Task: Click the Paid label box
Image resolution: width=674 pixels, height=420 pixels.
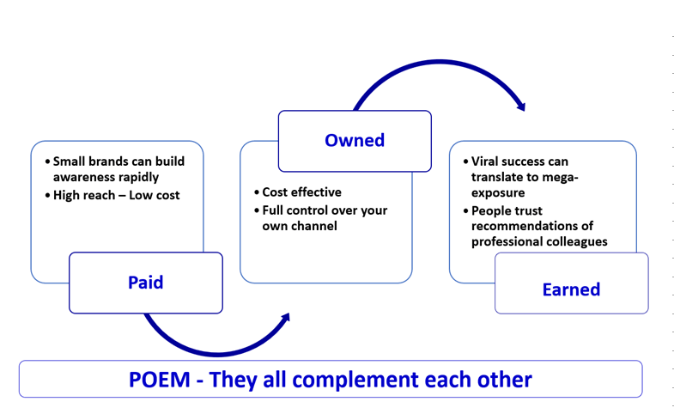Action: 146,283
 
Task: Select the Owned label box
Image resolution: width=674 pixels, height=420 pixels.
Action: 355,141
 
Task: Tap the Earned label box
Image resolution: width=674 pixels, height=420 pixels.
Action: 571,283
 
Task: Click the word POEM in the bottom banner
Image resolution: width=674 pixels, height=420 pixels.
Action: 160,380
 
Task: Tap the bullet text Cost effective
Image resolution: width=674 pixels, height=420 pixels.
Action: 301,192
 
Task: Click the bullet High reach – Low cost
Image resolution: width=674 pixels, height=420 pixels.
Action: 116,195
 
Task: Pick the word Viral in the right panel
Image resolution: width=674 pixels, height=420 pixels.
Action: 484,161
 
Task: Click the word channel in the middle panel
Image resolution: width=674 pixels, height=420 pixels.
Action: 317,226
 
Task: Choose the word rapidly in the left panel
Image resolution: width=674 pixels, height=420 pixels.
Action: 142,178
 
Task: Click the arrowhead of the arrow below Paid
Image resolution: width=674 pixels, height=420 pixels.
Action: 285,318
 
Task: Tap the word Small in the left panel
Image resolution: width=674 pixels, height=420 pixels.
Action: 67,161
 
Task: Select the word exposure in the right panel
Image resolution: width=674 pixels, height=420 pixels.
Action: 498,193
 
